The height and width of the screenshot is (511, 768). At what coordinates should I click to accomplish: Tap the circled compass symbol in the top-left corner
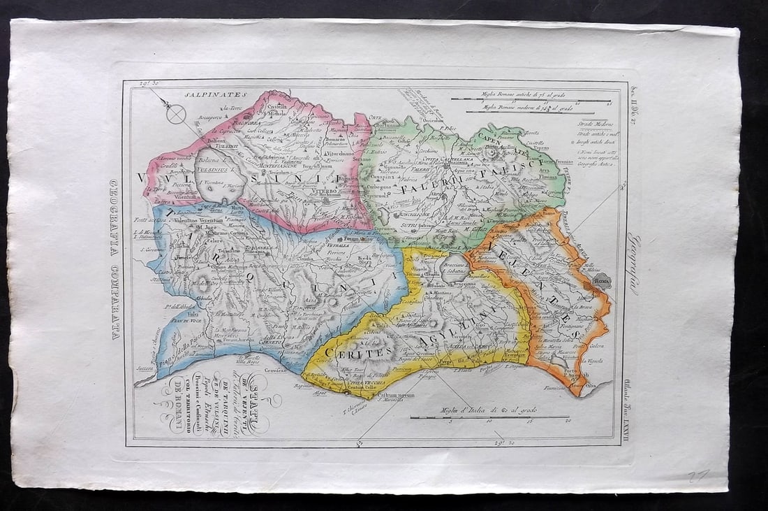tap(177, 113)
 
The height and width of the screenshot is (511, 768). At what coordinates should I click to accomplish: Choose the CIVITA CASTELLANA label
tap(445, 159)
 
